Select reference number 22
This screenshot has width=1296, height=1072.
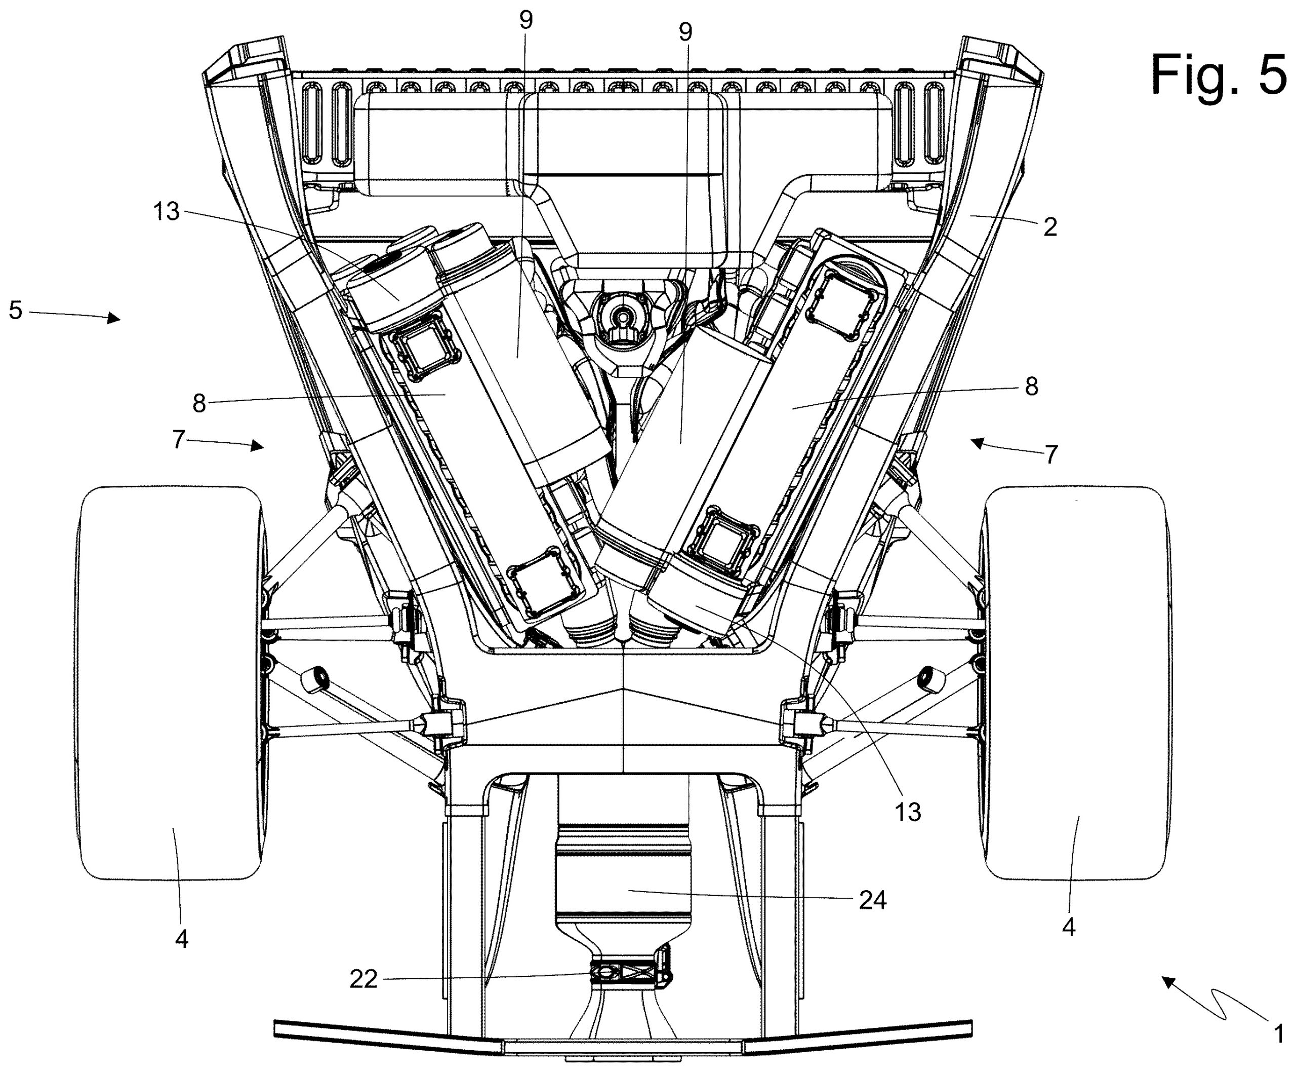pos(363,979)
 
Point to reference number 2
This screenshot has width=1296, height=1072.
pos(1050,227)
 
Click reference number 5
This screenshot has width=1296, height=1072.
pos(15,310)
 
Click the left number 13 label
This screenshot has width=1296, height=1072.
pos(166,212)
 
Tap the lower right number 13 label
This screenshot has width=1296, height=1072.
pos(908,813)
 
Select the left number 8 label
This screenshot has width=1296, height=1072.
pos(199,404)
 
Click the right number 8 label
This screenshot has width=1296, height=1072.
pos(1031,387)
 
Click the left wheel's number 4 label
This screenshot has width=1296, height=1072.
pos(181,939)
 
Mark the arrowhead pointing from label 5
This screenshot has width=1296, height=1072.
pos(115,319)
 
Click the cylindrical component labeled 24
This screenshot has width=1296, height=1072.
pos(623,877)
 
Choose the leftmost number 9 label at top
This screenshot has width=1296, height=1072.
pos(525,20)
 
